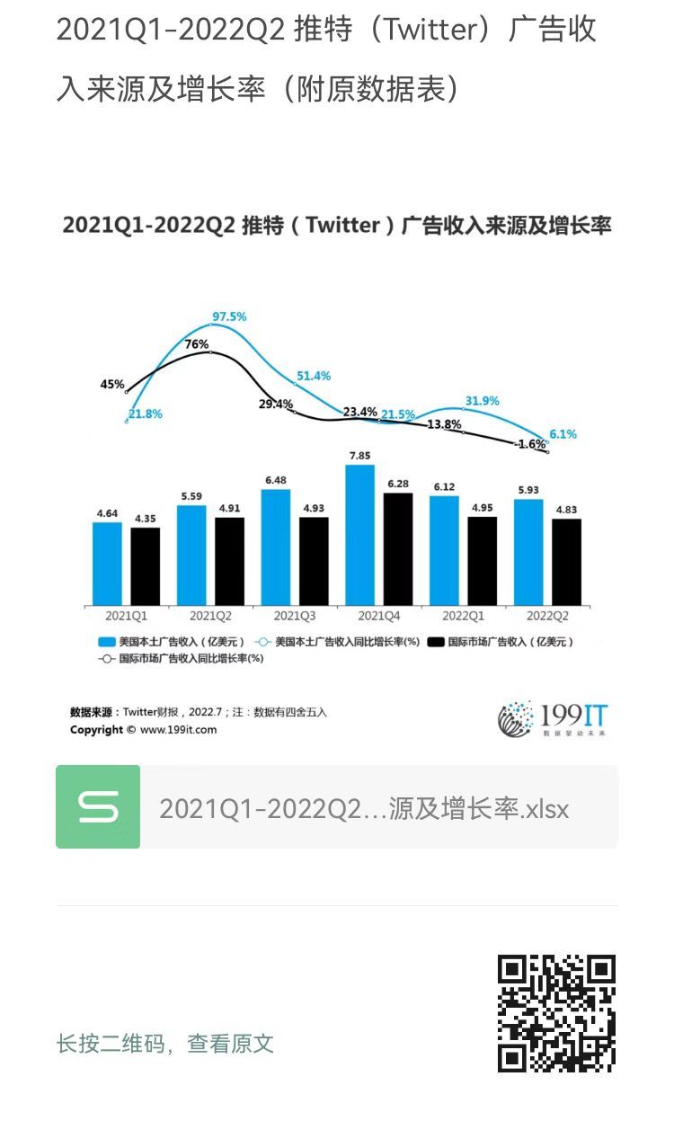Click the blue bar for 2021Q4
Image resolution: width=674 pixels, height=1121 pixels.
(359, 535)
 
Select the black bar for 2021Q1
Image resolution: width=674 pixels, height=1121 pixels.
(145, 566)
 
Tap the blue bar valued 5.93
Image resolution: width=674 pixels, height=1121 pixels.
(528, 552)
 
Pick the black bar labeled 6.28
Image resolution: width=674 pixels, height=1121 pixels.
(398, 548)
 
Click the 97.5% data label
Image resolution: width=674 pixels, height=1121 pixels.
(229, 316)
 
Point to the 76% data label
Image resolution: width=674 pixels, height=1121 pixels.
(197, 344)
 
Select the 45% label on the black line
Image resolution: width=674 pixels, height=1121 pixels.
(112, 384)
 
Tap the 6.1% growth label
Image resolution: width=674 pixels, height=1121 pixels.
(563, 434)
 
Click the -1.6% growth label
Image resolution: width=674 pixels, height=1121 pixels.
(530, 444)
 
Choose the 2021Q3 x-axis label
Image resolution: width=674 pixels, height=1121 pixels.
(295, 617)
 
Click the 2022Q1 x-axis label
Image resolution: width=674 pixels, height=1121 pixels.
(463, 617)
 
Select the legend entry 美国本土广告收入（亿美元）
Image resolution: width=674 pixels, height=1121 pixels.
(171, 642)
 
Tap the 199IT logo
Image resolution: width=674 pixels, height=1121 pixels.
(553, 718)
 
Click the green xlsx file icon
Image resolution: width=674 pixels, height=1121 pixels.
(98, 806)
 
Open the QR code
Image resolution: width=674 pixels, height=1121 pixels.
(556, 1013)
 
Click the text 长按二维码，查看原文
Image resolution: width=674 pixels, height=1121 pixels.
(165, 1044)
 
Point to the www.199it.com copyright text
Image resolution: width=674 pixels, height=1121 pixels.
(144, 730)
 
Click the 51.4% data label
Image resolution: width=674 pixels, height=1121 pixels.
(313, 376)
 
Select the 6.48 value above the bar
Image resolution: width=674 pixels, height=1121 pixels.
(275, 481)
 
